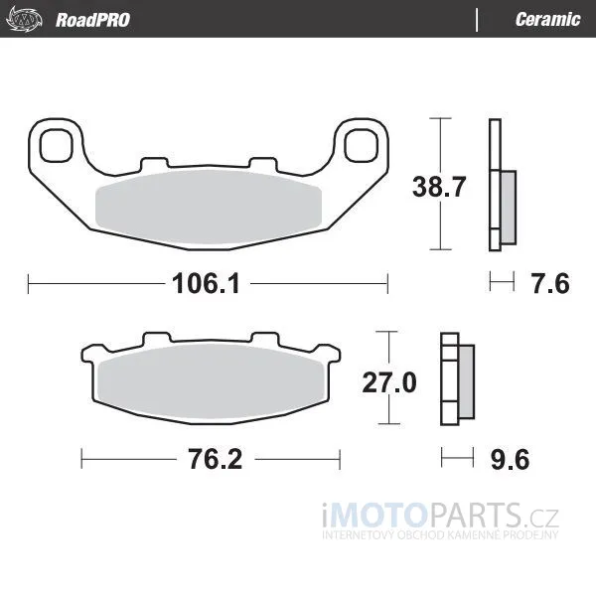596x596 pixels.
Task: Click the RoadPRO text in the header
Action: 92,20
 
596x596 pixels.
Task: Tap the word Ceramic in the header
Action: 547,20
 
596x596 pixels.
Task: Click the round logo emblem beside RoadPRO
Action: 24,20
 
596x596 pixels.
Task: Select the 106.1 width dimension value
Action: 206,283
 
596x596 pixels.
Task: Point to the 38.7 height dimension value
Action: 439,187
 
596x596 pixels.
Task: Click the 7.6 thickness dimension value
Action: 550,283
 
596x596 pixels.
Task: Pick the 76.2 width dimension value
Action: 216,459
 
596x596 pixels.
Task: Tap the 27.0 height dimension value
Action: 389,382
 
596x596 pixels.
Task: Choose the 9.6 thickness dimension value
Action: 510,460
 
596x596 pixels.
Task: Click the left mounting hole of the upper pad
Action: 57,145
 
